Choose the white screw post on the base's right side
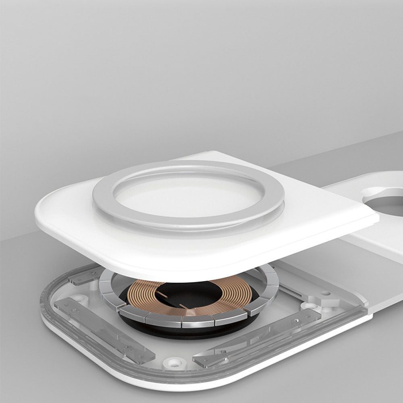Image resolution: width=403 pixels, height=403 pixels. pyautogui.click(x=311, y=306)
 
